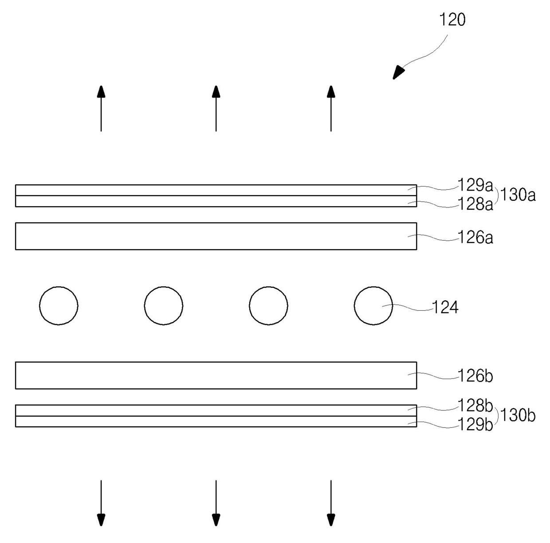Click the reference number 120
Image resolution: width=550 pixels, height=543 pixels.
452,20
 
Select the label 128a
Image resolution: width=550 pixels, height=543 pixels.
475,204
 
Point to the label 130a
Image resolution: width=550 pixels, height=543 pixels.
518,195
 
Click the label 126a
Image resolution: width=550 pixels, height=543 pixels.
475,238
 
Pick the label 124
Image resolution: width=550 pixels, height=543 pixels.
445,307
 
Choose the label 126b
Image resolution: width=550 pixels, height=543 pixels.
475,376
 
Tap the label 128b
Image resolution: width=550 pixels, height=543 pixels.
475,405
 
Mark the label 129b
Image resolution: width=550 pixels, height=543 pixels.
475,425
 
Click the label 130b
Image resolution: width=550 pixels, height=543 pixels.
518,415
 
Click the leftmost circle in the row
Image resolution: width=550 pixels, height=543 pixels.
59,306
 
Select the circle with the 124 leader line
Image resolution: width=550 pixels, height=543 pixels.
373,306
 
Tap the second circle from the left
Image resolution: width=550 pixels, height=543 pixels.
164,306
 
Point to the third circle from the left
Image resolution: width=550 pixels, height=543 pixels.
269,306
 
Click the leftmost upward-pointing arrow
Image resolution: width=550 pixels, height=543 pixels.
101,109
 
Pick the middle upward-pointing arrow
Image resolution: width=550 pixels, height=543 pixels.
216,109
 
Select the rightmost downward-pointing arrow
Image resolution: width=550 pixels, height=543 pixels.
331,503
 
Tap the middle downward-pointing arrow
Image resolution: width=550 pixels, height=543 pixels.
216,503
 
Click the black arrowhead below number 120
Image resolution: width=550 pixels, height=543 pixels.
399,72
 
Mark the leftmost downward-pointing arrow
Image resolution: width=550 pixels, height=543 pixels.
101,503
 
